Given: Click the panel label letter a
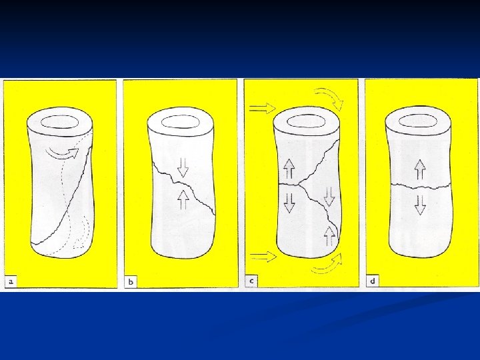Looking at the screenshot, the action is [11, 281].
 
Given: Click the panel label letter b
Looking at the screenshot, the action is [131, 282].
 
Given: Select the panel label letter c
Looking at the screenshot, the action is [251, 281].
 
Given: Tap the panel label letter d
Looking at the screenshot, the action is [373, 281].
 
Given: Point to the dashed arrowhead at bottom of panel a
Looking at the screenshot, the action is [79, 244].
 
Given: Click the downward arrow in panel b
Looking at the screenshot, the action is [183, 167].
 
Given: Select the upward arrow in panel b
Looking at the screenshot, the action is [183, 199].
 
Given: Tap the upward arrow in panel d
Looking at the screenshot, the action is [420, 169].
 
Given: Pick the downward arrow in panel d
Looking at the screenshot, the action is [420, 205].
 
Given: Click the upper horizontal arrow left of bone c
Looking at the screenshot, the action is [263, 108].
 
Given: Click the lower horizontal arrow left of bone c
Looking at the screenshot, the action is [263, 257].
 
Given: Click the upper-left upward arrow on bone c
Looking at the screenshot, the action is [289, 169].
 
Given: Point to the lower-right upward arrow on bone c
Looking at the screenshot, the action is [329, 236].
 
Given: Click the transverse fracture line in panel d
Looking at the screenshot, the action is [420, 186].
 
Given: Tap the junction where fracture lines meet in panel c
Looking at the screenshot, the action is [299, 184].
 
